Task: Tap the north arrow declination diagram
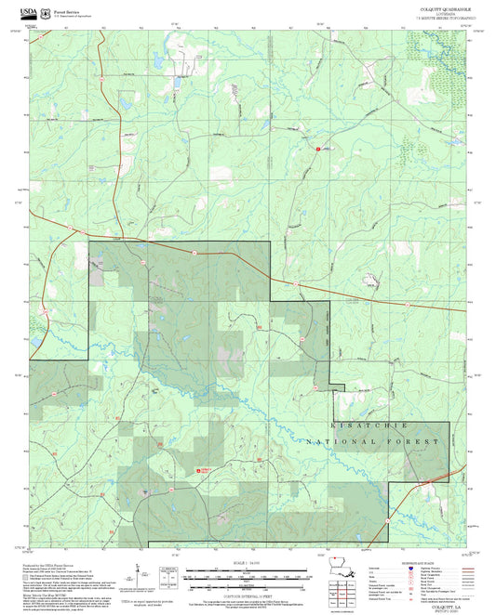[137, 569]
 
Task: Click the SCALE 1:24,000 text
[248, 561]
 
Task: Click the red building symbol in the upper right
[317, 148]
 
